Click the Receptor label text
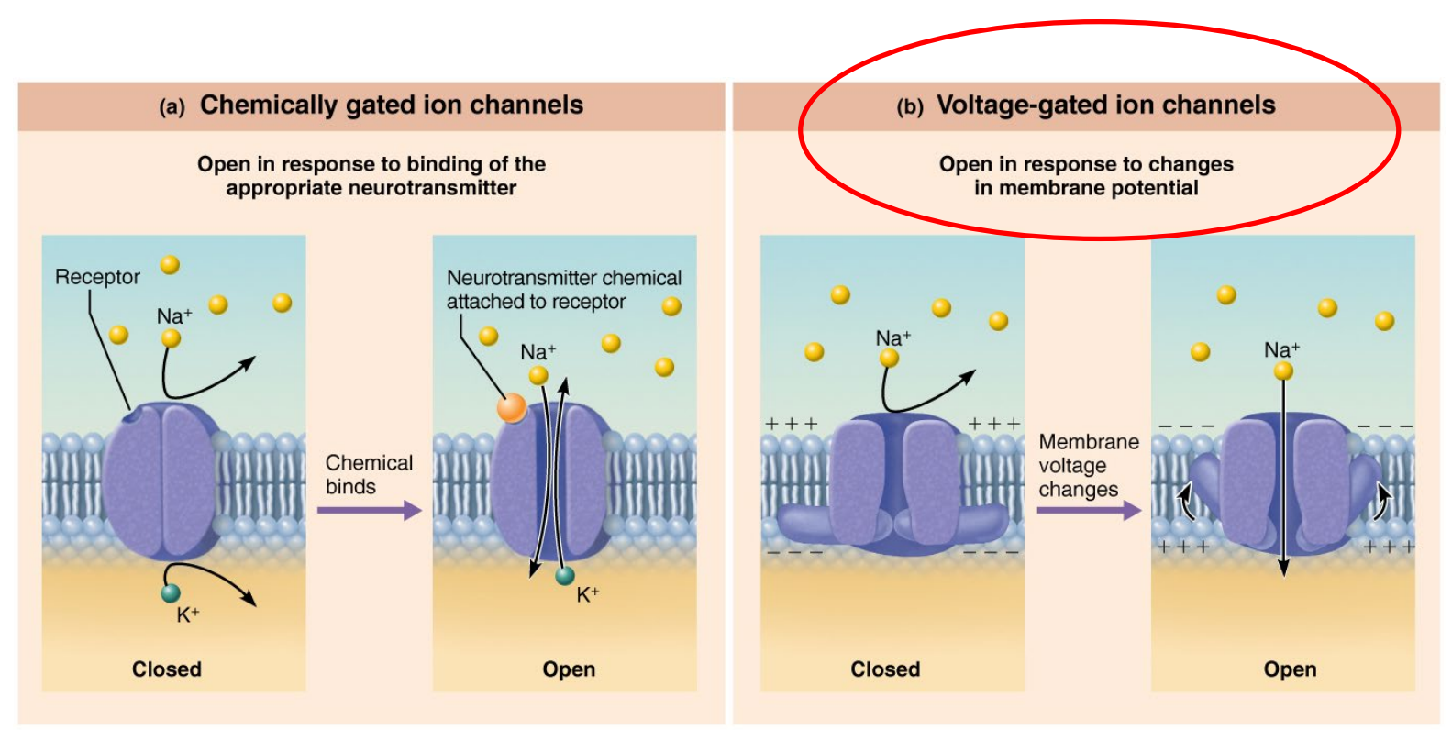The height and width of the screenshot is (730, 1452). coord(97,277)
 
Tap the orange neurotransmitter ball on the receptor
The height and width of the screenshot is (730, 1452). coord(511,407)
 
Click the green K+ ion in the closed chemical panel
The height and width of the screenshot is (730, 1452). coord(171,593)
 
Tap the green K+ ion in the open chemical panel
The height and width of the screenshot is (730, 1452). coord(565,576)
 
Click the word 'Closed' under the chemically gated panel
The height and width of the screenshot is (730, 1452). coord(166,669)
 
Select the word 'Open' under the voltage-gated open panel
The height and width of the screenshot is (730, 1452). coord(1289,669)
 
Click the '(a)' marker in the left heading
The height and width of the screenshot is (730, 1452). coord(172,107)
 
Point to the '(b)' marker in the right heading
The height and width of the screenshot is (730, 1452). coord(909,107)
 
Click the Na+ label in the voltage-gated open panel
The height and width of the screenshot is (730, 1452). coord(1280,349)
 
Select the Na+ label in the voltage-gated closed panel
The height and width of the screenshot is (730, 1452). coord(892,338)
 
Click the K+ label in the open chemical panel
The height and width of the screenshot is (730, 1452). coord(587,594)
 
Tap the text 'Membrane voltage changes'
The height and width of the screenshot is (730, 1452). coord(1088,466)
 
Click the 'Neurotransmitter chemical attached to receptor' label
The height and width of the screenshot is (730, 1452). coord(562,290)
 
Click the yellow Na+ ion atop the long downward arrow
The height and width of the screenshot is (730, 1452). coord(1283,371)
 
